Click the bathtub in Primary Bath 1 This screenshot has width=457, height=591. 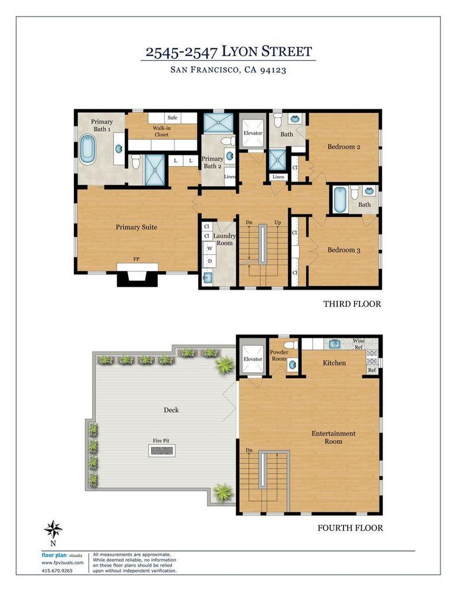tap(87, 150)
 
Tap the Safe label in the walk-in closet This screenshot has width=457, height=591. tap(173, 118)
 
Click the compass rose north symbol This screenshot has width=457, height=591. tap(54, 528)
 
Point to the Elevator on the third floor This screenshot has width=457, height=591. tap(253, 134)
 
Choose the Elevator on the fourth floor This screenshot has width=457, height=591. tap(252, 359)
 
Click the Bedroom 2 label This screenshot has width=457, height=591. tap(344, 147)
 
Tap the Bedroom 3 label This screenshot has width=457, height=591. tap(344, 250)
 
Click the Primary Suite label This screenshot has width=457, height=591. tap(137, 227)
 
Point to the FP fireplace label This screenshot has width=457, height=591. tap(137, 259)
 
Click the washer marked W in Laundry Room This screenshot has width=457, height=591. tap(209, 249)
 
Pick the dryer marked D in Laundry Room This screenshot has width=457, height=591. tap(209, 261)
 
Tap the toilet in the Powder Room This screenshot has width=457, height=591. tap(290, 345)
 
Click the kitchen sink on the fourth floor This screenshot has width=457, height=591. tap(335, 344)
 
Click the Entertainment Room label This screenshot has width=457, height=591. tap(334, 438)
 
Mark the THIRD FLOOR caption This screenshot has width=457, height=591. tap(352, 304)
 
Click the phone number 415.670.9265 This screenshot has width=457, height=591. tap(58, 570)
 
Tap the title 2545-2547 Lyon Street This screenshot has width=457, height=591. tap(229, 51)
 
